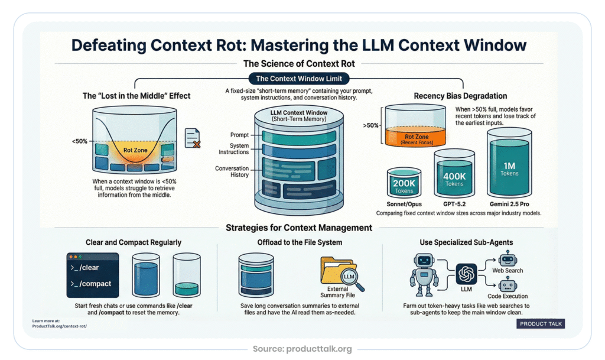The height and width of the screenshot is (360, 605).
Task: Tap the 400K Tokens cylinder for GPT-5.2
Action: pos(454,177)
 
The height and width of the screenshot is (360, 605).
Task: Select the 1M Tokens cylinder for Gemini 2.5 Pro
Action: pos(509,168)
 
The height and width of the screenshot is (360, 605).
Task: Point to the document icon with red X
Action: pos(192,138)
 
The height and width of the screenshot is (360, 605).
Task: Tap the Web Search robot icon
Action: pos(507,260)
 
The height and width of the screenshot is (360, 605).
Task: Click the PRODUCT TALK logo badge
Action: pos(541,323)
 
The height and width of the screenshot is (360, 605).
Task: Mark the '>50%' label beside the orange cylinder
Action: pos(370,125)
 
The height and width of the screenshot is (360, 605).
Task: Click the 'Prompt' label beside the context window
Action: pos(239,135)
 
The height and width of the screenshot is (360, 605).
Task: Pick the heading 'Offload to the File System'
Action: pos(302,242)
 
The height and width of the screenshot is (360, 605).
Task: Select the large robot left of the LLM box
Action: pos(424,274)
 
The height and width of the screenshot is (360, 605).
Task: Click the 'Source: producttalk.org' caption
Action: pos(302,349)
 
